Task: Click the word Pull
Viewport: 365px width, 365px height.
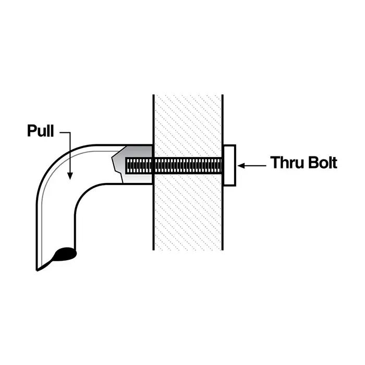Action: click(40, 131)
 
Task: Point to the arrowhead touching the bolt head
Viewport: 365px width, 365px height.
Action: click(241, 166)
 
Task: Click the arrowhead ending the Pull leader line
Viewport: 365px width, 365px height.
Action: click(69, 176)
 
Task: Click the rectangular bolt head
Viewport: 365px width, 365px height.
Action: click(229, 165)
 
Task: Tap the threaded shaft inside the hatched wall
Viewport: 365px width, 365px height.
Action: click(188, 166)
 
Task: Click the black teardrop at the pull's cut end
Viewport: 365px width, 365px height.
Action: click(66, 253)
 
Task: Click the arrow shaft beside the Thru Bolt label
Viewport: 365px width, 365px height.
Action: click(256, 166)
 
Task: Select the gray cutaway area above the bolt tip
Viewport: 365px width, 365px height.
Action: click(137, 153)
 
